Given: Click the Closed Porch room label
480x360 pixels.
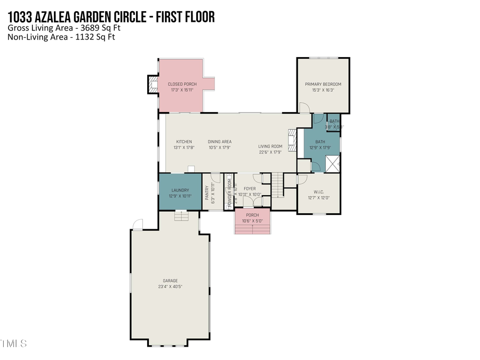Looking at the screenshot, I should click(182, 84).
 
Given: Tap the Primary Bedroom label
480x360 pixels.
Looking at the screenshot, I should click(323, 84).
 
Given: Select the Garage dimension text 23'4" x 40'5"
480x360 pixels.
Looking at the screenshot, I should click(170, 286).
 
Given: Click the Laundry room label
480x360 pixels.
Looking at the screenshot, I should click(180, 190).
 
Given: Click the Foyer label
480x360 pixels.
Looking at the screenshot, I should click(249, 189).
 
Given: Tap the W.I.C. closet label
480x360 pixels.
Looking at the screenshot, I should click(319, 192).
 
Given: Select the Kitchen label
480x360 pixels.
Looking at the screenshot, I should click(184, 142).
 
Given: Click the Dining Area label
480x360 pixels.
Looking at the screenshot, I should click(219, 142).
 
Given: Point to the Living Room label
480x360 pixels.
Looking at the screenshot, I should click(270, 147).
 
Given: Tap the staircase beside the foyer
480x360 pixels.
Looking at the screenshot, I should click(277, 186).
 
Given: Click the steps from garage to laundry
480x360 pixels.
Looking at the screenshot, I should click(182, 215).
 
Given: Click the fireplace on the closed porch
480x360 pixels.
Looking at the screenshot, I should click(153, 84).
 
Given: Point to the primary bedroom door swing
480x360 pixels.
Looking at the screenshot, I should click(303, 108).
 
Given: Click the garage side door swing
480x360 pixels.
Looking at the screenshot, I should click(138, 225).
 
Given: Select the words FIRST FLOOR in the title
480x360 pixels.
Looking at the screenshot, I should click(182, 17).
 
